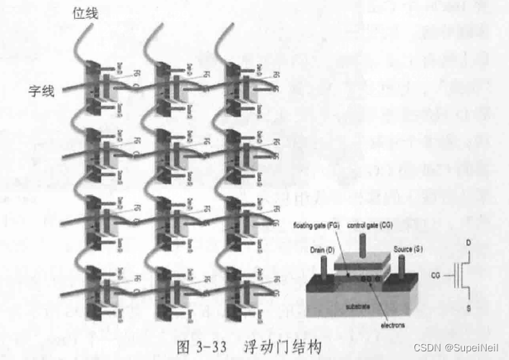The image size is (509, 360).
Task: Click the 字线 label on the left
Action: click(x=41, y=92)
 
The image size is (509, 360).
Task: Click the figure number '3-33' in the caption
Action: click(x=209, y=348)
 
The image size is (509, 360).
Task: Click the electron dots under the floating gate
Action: click(x=370, y=278)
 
